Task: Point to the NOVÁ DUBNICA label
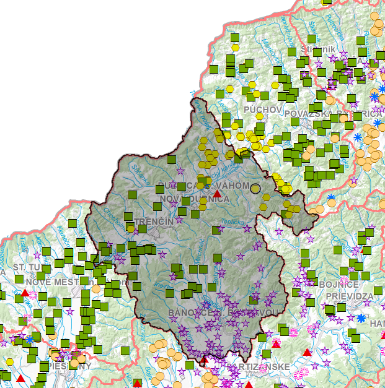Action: click(x=195, y=199)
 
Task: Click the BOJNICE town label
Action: click(x=339, y=284)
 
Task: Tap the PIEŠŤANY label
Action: click(x=68, y=366)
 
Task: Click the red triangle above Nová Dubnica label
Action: click(x=218, y=193)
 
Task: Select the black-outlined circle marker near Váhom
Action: click(x=255, y=188)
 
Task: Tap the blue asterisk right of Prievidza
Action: click(x=361, y=318)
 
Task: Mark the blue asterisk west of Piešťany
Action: click(x=29, y=340)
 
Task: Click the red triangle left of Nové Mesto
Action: click(x=24, y=293)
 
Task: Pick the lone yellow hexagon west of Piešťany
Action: click(x=10, y=362)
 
